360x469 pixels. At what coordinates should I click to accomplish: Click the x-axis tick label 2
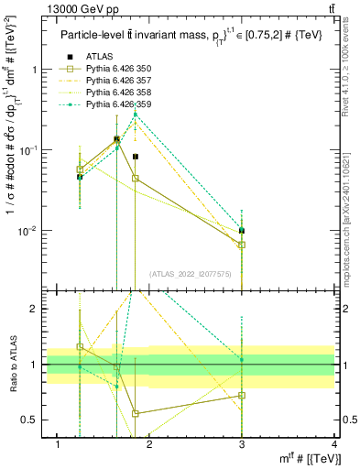coord(150,444)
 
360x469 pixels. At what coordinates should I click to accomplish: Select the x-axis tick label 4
coord(333,444)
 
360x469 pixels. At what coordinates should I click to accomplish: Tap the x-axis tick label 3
coord(242,444)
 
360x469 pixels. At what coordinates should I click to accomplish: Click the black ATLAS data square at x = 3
coord(242,231)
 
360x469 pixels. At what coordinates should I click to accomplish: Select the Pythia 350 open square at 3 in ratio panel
coord(242,396)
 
